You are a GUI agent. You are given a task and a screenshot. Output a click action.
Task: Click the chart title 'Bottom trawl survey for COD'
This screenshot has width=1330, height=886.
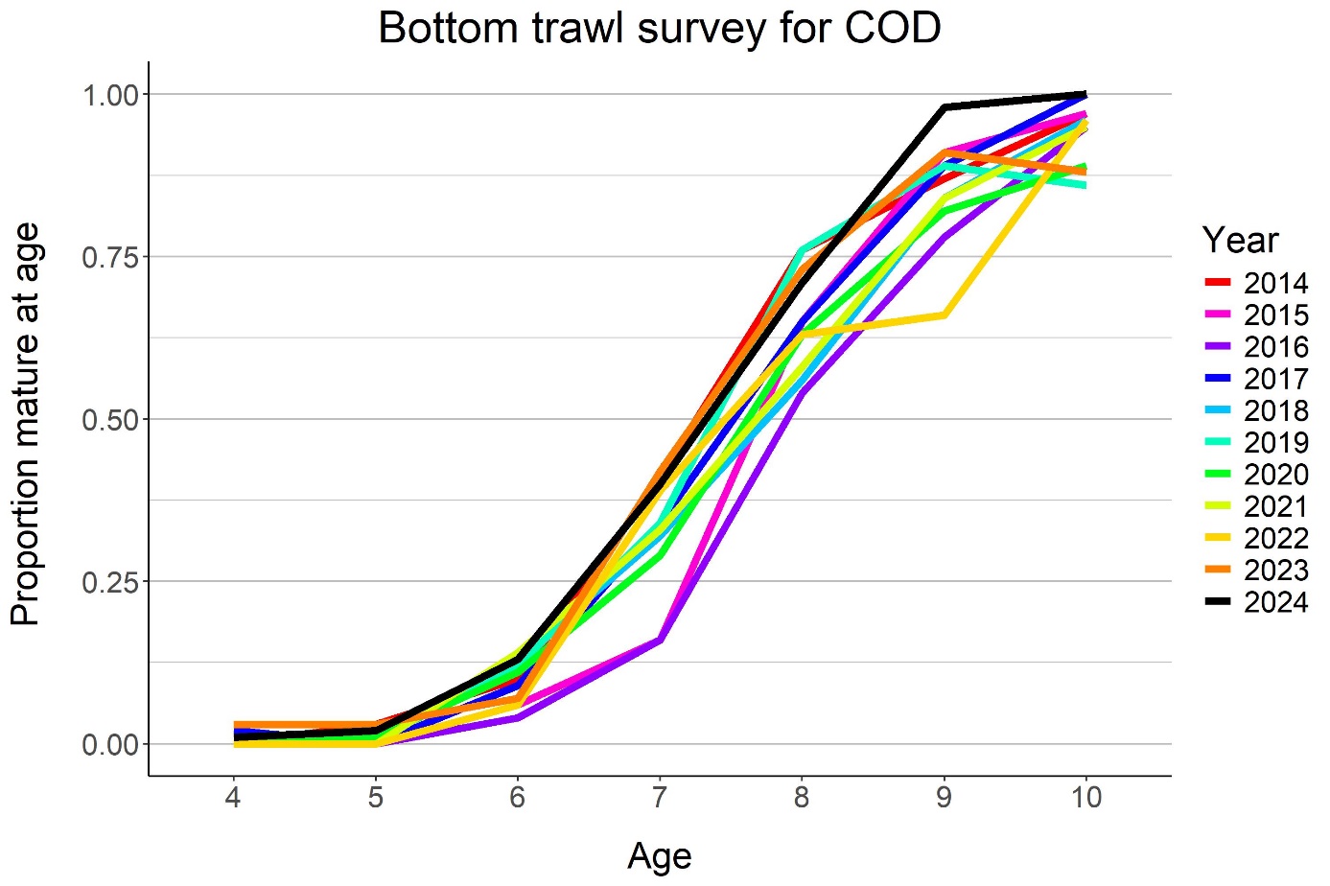pyautogui.click(x=660, y=28)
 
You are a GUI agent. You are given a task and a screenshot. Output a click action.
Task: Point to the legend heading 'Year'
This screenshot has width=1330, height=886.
pyautogui.click(x=1240, y=241)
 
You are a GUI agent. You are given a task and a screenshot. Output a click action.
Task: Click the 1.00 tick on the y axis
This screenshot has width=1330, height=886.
pyautogui.click(x=110, y=95)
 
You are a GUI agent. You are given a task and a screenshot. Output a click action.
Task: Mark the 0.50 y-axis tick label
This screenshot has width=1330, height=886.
pyautogui.click(x=110, y=420)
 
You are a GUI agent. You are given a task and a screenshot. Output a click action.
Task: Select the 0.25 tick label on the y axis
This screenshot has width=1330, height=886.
pyautogui.click(x=110, y=582)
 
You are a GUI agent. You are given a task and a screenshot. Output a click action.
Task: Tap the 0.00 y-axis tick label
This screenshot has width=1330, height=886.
pyautogui.click(x=110, y=745)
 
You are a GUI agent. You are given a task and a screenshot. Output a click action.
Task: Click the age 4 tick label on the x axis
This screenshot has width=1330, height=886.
pyautogui.click(x=233, y=798)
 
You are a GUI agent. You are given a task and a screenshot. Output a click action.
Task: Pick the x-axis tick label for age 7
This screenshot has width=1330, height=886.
pyautogui.click(x=660, y=798)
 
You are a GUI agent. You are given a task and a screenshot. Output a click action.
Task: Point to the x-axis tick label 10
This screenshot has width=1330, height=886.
pyautogui.click(x=1085, y=798)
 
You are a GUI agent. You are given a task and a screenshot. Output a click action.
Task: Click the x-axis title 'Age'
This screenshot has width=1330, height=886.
pyautogui.click(x=660, y=856)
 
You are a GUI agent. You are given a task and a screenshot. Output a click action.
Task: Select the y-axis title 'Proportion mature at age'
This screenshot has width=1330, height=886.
pyautogui.click(x=26, y=424)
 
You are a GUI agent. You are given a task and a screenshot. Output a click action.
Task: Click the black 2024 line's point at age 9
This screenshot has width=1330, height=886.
pyautogui.click(x=945, y=107)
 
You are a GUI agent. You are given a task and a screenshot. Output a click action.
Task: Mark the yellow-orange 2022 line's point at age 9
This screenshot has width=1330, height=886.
pyautogui.click(x=945, y=315)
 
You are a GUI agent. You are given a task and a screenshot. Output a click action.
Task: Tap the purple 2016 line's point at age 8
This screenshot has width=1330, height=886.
pyautogui.click(x=802, y=393)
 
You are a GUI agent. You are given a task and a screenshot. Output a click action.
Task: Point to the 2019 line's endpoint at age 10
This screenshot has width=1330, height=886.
pyautogui.click(x=1085, y=185)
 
